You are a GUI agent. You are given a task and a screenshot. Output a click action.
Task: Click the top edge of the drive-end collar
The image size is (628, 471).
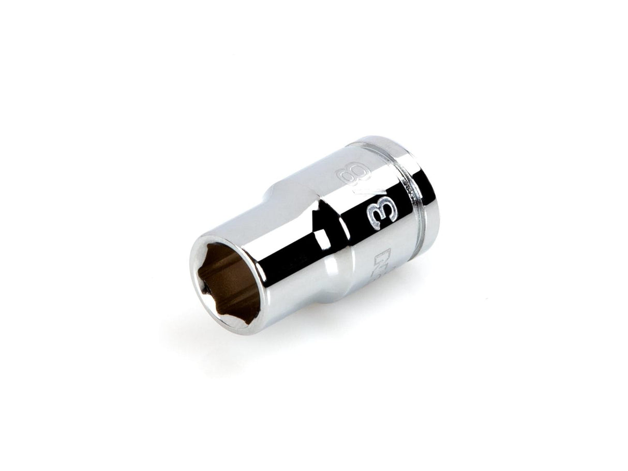(383, 141)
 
